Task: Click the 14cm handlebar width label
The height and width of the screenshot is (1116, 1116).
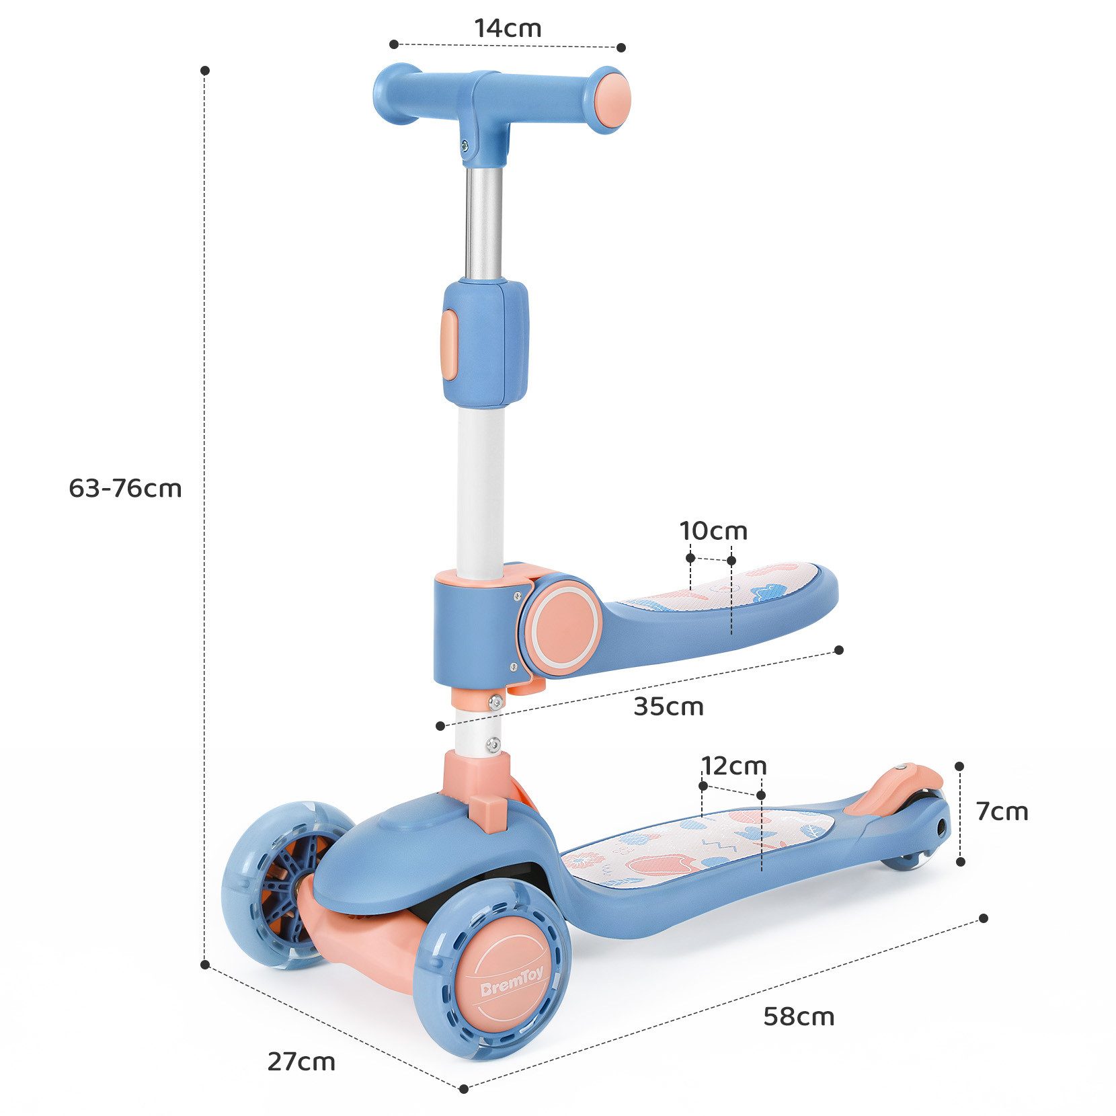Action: pyautogui.click(x=508, y=28)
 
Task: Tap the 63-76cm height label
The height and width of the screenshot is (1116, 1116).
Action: pyautogui.click(x=125, y=488)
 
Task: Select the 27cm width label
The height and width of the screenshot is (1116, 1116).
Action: pyautogui.click(x=301, y=1062)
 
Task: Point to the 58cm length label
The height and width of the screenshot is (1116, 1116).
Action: pyautogui.click(x=799, y=1017)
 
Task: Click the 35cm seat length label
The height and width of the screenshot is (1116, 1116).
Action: pyautogui.click(x=668, y=707)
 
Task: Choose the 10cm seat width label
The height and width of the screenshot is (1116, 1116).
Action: pyautogui.click(x=713, y=531)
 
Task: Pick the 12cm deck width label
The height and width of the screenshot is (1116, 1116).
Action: pyautogui.click(x=733, y=766)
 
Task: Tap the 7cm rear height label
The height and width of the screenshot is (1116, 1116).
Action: pyautogui.click(x=1002, y=811)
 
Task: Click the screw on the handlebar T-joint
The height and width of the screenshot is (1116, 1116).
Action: pyautogui.click(x=465, y=143)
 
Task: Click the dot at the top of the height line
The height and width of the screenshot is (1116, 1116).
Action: pyautogui.click(x=205, y=70)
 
